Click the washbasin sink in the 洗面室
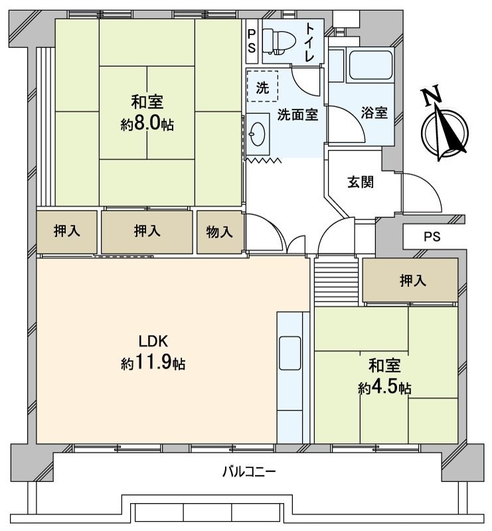(256, 136)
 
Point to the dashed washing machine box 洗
(262, 86)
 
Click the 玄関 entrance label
(361, 182)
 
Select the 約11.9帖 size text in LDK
(153, 364)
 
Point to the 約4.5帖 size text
(384, 387)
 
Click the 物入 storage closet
(220, 232)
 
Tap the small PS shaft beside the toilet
(252, 41)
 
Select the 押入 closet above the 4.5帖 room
(410, 281)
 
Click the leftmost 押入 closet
(68, 231)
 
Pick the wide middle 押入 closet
(147, 231)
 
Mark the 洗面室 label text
(297, 114)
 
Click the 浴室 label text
(374, 113)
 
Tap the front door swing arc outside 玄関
(422, 189)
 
